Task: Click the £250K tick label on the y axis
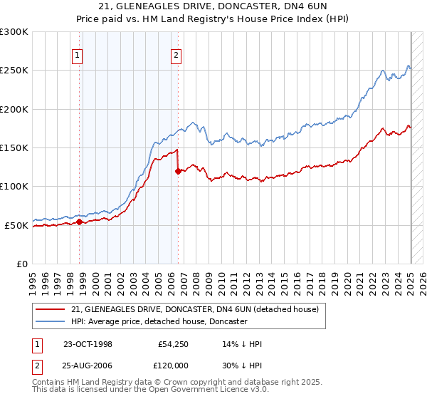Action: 14,71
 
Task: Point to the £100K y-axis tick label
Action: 14,187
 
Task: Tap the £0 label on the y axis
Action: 22,264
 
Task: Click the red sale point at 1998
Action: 80,222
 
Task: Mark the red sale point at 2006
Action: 178,171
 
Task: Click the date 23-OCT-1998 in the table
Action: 88,344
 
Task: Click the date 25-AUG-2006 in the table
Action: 88,366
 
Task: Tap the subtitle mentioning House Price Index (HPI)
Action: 213,19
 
